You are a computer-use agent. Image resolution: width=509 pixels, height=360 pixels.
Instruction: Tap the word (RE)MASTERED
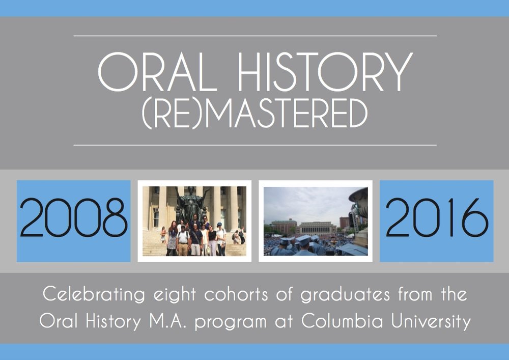pyautogui.click(x=255, y=114)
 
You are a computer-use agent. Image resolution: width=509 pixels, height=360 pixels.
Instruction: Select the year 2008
pyautogui.click(x=74, y=218)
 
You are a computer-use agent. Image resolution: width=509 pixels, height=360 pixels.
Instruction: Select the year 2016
pyautogui.click(x=437, y=218)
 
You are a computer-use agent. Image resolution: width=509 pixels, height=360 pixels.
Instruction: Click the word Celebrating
pyautogui.click(x=94, y=294)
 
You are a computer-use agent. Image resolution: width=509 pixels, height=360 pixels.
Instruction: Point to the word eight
pyautogui.click(x=175, y=294)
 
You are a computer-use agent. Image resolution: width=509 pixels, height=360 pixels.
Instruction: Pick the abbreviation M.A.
pyautogui.click(x=168, y=321)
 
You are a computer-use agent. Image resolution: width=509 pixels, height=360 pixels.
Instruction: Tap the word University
pyautogui.click(x=431, y=322)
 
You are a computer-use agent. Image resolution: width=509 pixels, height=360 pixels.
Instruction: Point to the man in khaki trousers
pyautogui.click(x=183, y=241)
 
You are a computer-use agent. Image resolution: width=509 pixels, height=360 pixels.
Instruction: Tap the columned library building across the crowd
pyautogui.click(x=316, y=228)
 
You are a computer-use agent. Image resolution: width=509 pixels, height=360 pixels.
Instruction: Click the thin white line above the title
pyautogui.click(x=255, y=36)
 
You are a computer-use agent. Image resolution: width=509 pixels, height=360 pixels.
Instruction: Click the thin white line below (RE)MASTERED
pyautogui.click(x=255, y=145)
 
